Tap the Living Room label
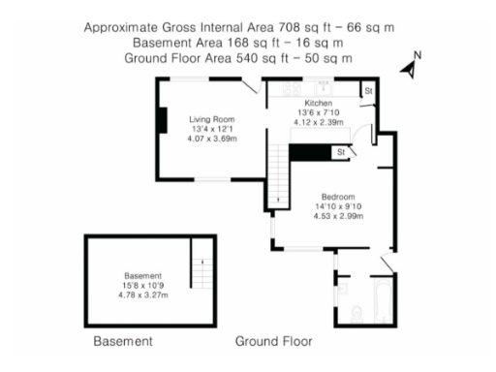point(211,119)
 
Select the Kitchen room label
point(319,103)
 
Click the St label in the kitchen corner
point(368,91)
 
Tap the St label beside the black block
point(340,152)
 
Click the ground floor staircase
point(278,173)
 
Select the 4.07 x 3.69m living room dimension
point(212,139)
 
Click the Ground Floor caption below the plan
point(274,342)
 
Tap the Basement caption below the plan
point(123,342)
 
